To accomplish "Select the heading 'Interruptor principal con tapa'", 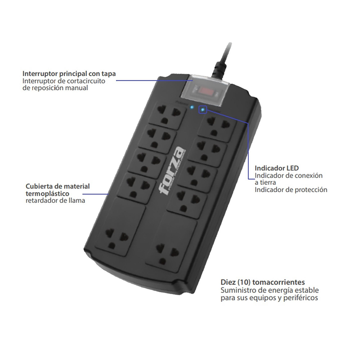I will [69, 73].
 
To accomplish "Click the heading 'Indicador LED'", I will [276, 168].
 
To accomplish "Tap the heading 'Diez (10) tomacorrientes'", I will [262, 282].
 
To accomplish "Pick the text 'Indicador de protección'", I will [291, 190].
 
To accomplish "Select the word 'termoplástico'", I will [47, 194].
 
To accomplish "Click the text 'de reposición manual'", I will [55, 88].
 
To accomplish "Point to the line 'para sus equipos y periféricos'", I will [269, 298].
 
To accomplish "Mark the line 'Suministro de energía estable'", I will [270, 290].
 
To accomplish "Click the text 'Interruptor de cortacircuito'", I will [63, 81].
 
